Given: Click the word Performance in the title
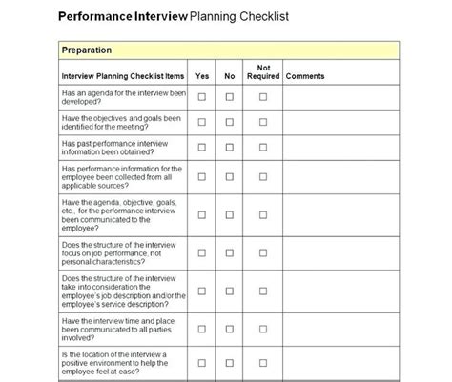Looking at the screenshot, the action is click(92, 17).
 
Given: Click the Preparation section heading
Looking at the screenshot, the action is click(87, 50).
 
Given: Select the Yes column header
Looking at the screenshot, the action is click(202, 76).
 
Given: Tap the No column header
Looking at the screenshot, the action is click(229, 76).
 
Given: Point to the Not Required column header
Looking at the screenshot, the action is click(262, 71).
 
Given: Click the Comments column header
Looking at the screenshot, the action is click(305, 76).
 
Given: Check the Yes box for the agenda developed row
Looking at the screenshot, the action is click(202, 97).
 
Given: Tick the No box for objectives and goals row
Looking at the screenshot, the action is click(229, 122).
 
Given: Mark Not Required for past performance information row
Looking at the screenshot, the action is click(262, 147).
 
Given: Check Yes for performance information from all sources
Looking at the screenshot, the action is click(202, 176).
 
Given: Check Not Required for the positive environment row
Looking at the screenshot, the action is click(262, 363).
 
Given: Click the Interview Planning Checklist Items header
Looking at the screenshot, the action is click(122, 76).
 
